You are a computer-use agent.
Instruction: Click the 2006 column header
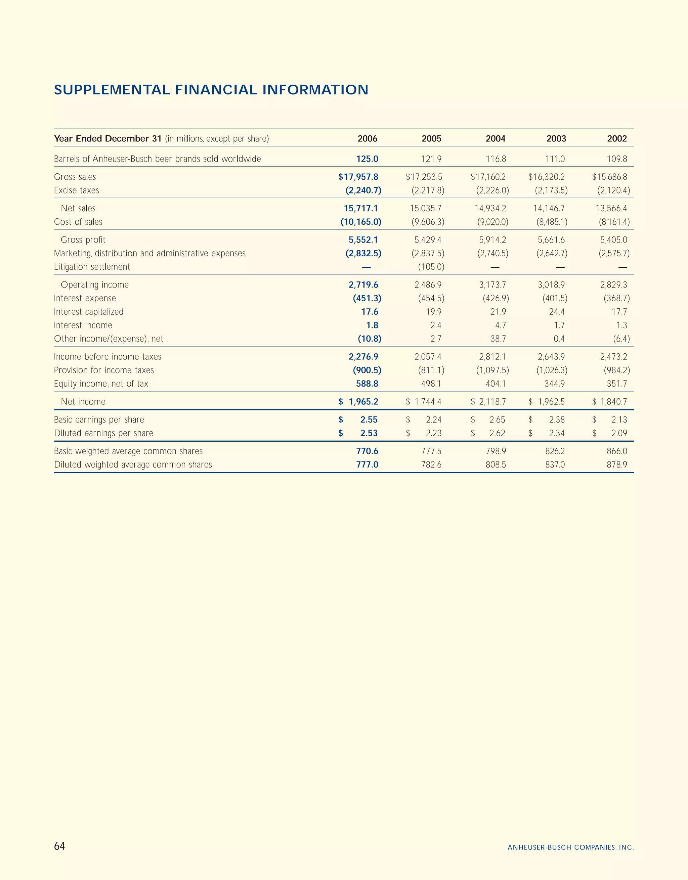(x=367, y=139)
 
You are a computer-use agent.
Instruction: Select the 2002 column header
(x=617, y=139)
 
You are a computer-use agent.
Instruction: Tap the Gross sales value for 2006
(x=358, y=177)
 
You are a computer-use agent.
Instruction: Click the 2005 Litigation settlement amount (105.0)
(x=431, y=267)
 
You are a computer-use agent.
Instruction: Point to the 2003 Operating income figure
(x=551, y=285)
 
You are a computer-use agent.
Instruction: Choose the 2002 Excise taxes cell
(x=613, y=190)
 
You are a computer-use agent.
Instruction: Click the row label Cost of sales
(x=78, y=222)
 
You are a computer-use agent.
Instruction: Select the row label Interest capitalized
(x=89, y=312)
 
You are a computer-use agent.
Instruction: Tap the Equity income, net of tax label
(x=101, y=384)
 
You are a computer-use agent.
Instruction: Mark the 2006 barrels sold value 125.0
(x=367, y=159)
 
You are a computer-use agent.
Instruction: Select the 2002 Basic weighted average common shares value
(x=617, y=451)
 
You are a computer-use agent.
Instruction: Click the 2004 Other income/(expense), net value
(x=498, y=339)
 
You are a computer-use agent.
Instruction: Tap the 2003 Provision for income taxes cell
(x=551, y=370)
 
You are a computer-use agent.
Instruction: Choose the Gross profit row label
(x=83, y=240)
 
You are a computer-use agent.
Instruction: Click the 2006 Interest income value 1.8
(x=372, y=325)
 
